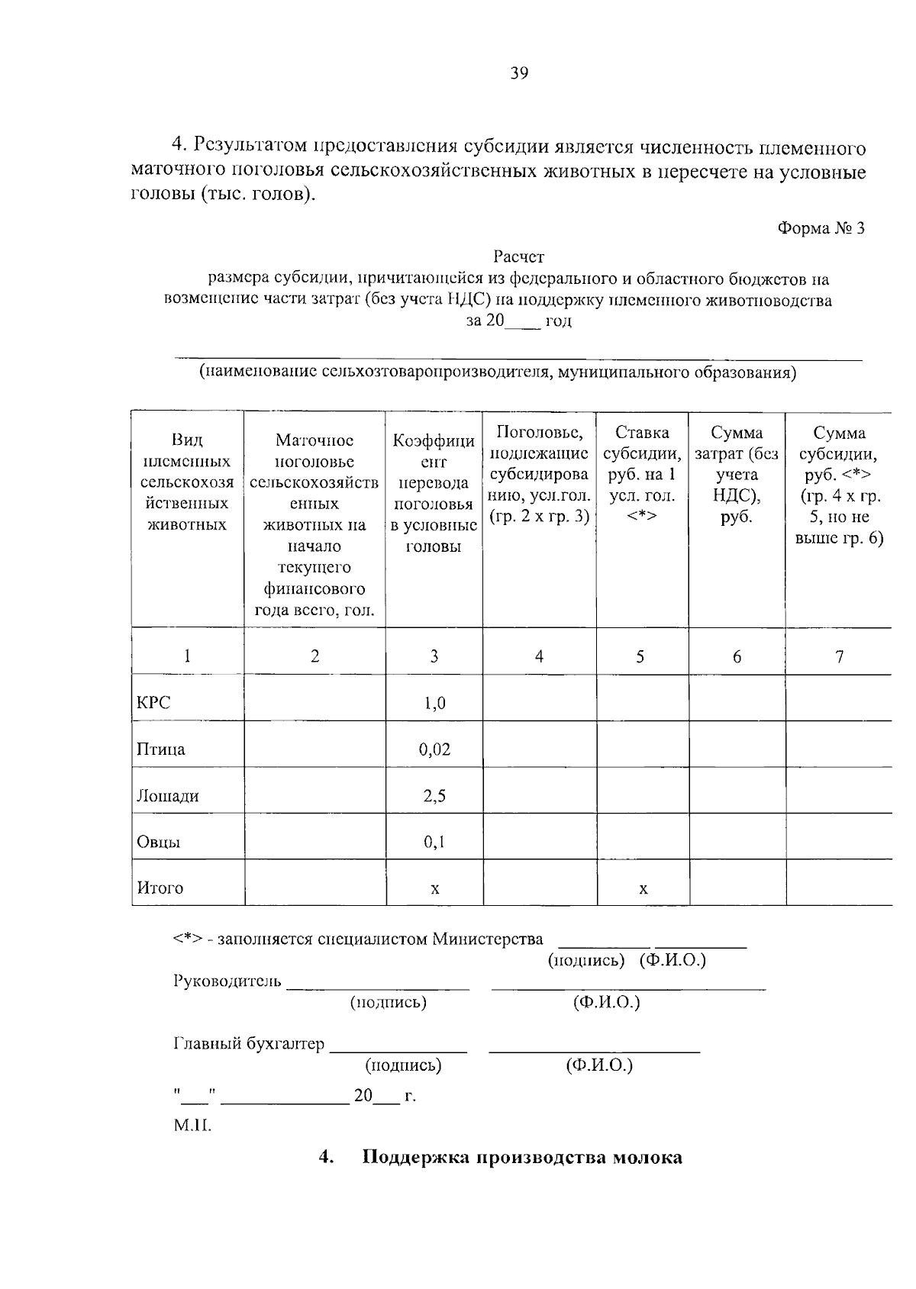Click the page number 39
pyautogui.click(x=519, y=73)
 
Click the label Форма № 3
pyautogui.click(x=821, y=227)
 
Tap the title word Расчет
pyautogui.click(x=518, y=257)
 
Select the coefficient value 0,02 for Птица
pyautogui.click(x=434, y=749)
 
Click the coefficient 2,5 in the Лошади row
pyautogui.click(x=434, y=796)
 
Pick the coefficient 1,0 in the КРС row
pyautogui.click(x=434, y=703)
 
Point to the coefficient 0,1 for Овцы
pyautogui.click(x=434, y=843)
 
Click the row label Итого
pyautogui.click(x=160, y=888)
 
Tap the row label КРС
pyautogui.click(x=153, y=703)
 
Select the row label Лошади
pyautogui.click(x=168, y=796)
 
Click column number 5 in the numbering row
pyautogui.click(x=640, y=656)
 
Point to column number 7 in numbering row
pyautogui.click(x=839, y=656)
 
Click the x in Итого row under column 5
pyautogui.click(x=643, y=888)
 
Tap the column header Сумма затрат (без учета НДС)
pyautogui.click(x=737, y=475)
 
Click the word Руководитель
pyautogui.click(x=227, y=981)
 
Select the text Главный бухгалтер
pyautogui.click(x=249, y=1043)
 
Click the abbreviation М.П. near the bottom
pyautogui.click(x=192, y=1125)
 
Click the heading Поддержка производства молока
pyautogui.click(x=522, y=1158)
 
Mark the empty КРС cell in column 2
pyautogui.click(x=314, y=698)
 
